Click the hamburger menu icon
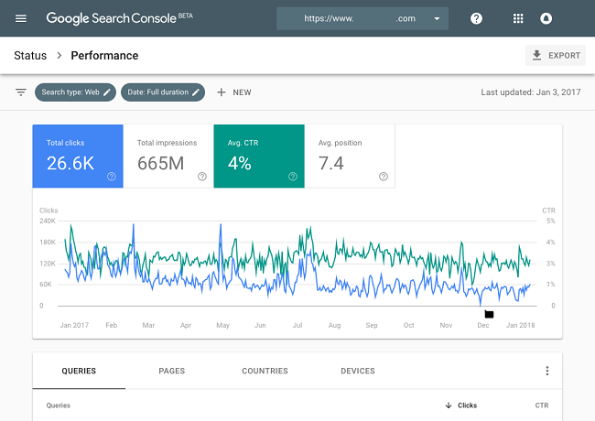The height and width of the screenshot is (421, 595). click(21, 18)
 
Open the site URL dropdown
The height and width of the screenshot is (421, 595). click(362, 18)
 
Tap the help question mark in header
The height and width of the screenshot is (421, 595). click(476, 18)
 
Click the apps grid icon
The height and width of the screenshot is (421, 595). click(518, 18)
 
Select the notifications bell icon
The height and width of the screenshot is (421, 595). click(546, 18)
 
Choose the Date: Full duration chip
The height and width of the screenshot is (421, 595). click(165, 92)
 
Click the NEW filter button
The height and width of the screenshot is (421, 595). click(233, 92)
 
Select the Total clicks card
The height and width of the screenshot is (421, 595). click(77, 156)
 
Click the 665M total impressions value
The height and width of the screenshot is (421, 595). click(161, 164)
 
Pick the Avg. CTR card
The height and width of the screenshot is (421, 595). click(258, 156)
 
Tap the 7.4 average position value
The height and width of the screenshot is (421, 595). click(330, 164)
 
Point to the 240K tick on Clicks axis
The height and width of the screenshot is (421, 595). click(48, 221)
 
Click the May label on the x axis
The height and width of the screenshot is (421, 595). click(222, 325)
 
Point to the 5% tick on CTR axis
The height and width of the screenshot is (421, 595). click(550, 221)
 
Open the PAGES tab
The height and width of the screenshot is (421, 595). click(171, 371)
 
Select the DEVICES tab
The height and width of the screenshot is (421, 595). click(357, 371)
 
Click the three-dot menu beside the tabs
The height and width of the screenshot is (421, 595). click(547, 371)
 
